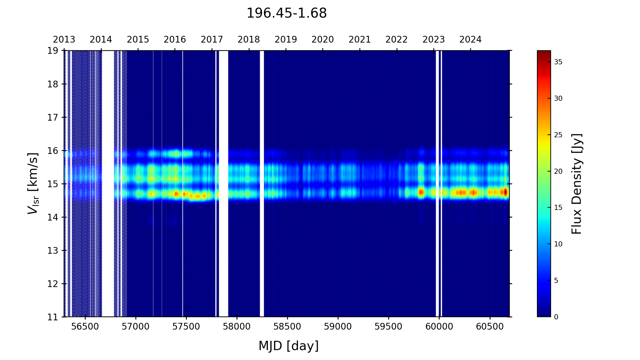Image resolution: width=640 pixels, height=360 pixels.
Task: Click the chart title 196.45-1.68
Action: (286, 13)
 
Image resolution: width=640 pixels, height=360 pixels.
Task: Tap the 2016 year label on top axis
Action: (175, 40)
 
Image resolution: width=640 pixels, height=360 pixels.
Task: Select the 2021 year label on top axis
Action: (359, 40)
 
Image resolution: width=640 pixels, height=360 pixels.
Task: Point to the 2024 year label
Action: (470, 40)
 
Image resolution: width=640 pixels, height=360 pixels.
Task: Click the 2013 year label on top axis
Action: (64, 40)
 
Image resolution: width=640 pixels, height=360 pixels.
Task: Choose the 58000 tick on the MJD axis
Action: (237, 327)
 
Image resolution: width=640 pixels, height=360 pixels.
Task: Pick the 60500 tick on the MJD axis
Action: (490, 327)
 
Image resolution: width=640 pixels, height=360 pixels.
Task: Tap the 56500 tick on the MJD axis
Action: (85, 327)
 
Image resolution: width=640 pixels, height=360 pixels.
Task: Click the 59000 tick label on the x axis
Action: (338, 327)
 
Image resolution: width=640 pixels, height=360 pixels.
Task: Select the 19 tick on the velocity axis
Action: (53, 51)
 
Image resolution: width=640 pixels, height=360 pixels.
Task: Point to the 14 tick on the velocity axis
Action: (53, 217)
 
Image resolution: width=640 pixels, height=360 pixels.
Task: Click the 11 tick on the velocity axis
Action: (53, 317)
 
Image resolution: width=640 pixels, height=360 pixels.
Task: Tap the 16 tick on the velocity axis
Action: (53, 151)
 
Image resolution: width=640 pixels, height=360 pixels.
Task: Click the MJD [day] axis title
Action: (288, 346)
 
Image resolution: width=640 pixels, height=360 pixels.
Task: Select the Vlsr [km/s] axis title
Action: (33, 183)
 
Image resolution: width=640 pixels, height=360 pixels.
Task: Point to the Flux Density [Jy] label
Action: (577, 184)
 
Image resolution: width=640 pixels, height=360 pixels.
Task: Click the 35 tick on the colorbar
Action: (558, 62)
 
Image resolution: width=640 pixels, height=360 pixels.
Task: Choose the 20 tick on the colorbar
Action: (558, 171)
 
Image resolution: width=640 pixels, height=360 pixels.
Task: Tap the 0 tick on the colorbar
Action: (556, 317)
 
